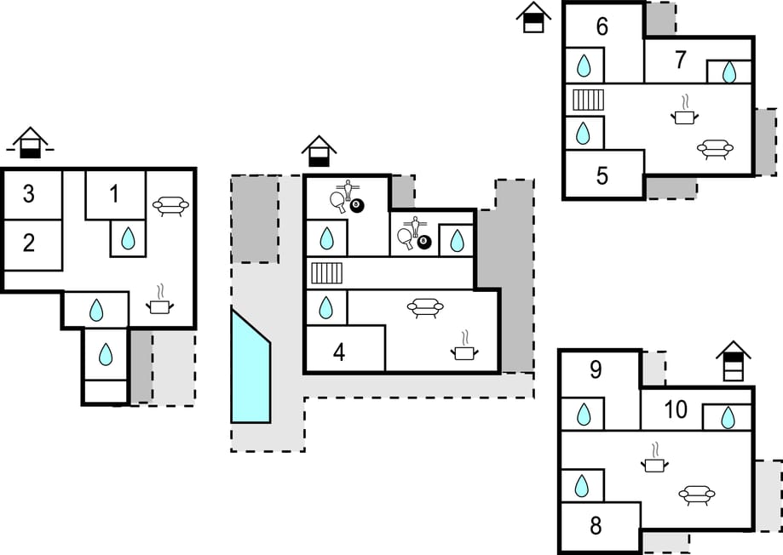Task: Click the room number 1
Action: [115, 194]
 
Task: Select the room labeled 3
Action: [29, 194]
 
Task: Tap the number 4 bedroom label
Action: [339, 352]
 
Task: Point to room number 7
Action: [680, 60]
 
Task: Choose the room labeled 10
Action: [676, 410]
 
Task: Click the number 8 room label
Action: [596, 526]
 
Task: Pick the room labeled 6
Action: [602, 27]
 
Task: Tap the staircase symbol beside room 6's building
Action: [588, 100]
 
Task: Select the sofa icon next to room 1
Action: [170, 205]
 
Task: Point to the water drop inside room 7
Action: [729, 72]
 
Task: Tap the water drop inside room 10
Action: [728, 418]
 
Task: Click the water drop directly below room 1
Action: [128, 238]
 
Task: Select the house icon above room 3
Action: [30, 142]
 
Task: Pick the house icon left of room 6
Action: [533, 17]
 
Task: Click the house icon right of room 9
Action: [733, 361]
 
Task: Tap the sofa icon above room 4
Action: [425, 307]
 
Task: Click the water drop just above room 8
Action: [582, 485]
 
